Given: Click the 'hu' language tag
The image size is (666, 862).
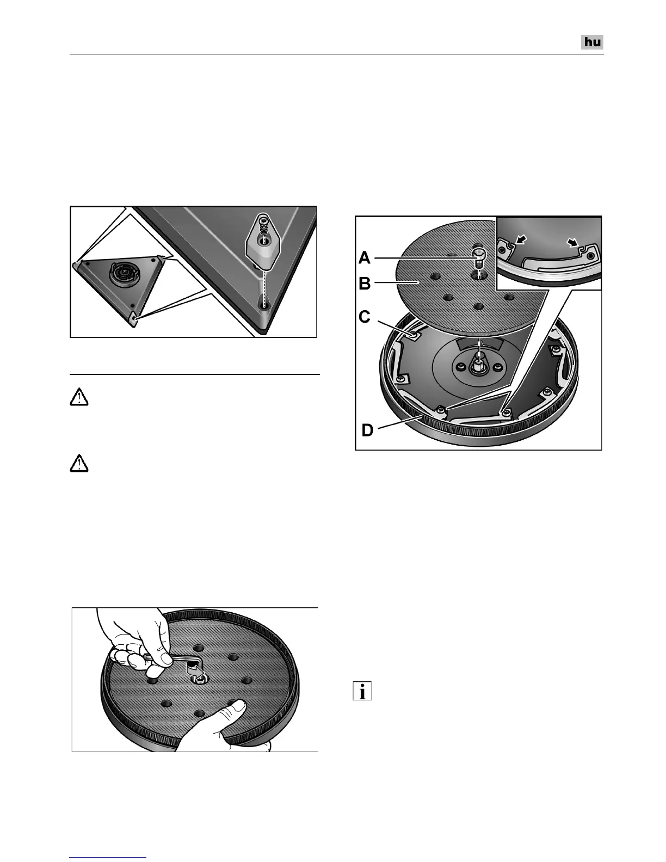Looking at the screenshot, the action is tap(593, 42).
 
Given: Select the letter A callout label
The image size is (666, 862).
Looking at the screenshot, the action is tap(365, 257).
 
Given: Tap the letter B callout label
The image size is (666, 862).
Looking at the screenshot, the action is tap(365, 284).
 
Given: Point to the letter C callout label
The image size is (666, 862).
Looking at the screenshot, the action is tap(365, 317).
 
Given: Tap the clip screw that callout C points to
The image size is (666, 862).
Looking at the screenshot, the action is tap(415, 335).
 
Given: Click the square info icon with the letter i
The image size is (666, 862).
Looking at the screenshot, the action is tap(362, 692).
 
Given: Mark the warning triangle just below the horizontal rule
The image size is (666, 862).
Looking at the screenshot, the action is tap(79, 398).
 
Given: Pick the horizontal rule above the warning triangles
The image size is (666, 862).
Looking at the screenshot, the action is tap(195, 374).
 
